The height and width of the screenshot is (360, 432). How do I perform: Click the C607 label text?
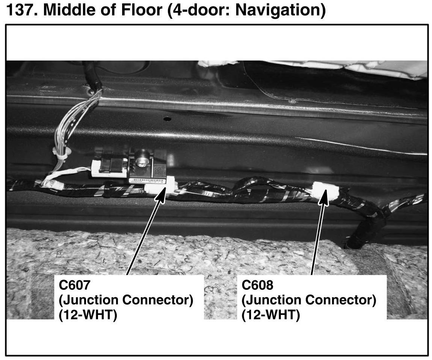click(74, 285)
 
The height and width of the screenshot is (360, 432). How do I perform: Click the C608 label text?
click(258, 285)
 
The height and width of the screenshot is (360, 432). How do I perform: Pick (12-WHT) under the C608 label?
click(271, 314)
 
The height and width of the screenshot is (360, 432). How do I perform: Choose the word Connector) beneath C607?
click(157, 300)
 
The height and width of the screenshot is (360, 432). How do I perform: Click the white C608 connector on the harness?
click(325, 191)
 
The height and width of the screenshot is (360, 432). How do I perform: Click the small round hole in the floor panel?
click(167, 119)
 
